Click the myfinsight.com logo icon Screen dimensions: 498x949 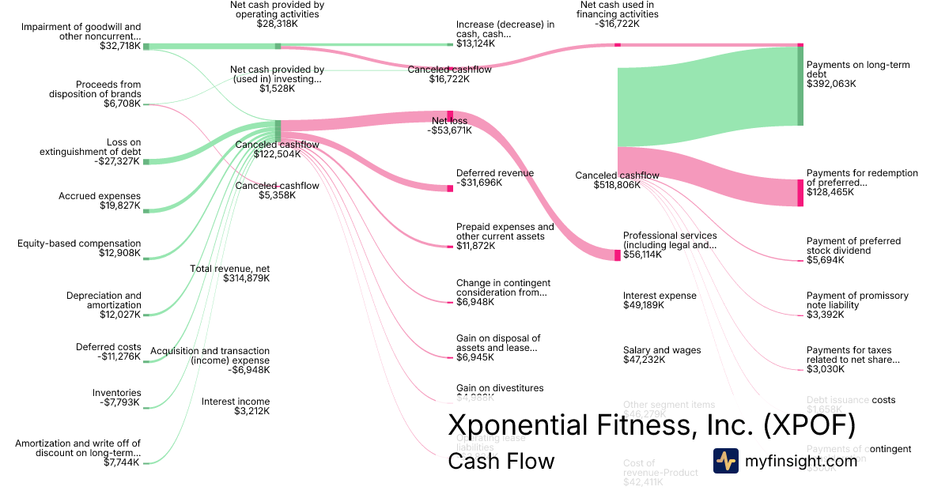pos(725,461)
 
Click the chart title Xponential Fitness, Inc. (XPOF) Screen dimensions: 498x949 pos(652,424)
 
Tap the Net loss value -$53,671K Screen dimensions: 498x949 pos(450,130)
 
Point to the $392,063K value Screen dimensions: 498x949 pos(831,84)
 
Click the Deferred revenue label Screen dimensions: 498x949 pos(495,173)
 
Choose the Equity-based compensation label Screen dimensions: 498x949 pos(79,243)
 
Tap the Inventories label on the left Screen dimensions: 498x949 pos(117,393)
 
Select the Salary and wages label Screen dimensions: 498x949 pos(662,350)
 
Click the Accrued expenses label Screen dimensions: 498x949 pos(100,196)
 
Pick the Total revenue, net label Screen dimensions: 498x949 pos(230,269)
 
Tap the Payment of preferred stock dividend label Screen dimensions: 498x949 pos(853,246)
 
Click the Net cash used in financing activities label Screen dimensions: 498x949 pos(617,9)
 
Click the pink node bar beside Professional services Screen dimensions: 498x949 pos(618,255)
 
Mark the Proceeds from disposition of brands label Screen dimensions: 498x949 pos(108,89)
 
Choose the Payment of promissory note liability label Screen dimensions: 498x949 pos(857,300)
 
